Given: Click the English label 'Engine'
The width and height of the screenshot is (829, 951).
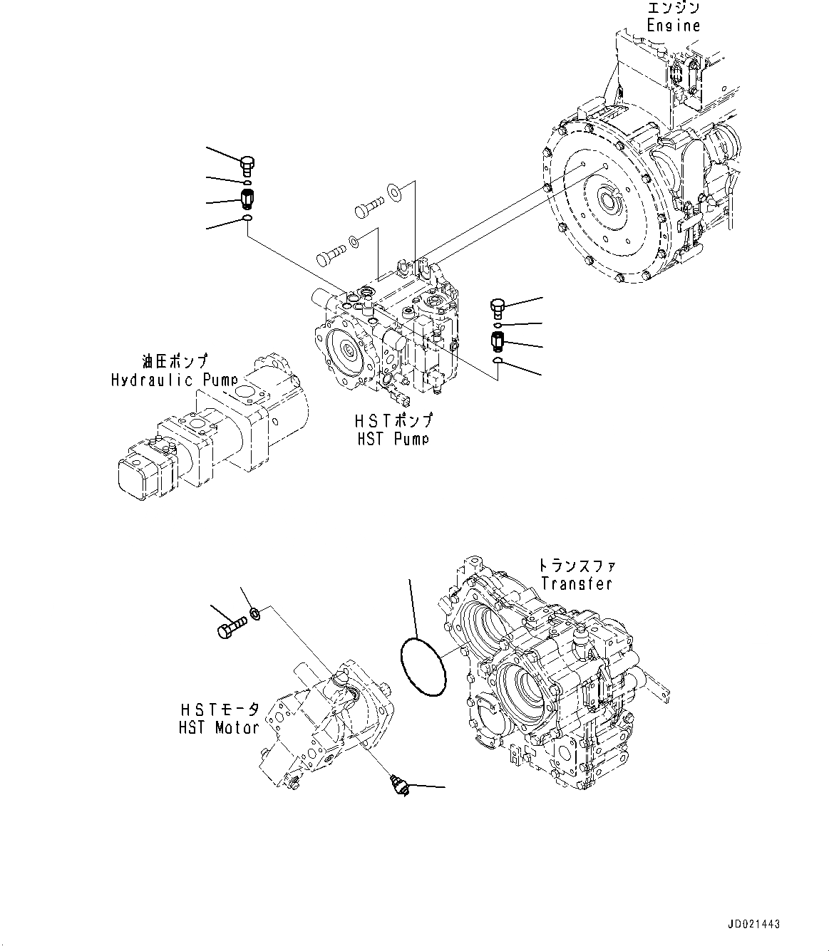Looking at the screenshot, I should [673, 26].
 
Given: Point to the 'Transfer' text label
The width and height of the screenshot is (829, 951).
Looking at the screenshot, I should [576, 583].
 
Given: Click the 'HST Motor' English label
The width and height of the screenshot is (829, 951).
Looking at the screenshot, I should [217, 727].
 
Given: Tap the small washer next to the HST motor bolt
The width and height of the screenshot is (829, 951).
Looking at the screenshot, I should [255, 612].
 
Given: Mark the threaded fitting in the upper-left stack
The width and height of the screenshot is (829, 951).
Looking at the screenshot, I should [247, 200].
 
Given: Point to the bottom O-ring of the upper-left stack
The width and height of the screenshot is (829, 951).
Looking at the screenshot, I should [247, 217].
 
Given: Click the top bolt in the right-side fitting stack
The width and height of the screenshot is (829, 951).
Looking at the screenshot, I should [498, 308].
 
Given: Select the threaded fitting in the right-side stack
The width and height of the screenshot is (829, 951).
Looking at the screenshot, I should [498, 341].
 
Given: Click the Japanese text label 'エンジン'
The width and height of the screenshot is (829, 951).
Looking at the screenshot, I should [673, 9].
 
